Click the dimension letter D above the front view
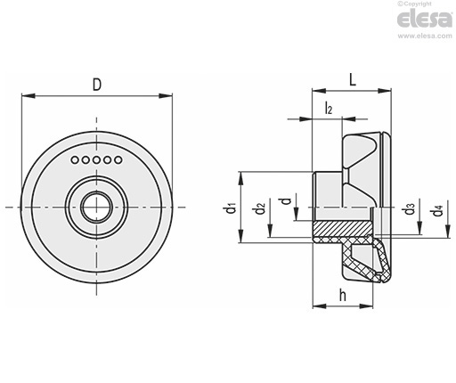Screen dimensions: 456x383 click(x=97, y=85)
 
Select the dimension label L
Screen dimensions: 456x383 click(x=353, y=80)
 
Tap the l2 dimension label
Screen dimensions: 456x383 click(x=328, y=108)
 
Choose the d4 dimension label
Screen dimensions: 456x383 click(x=436, y=210)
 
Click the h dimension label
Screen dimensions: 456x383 click(x=343, y=296)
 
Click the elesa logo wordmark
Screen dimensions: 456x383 click(x=425, y=20)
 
